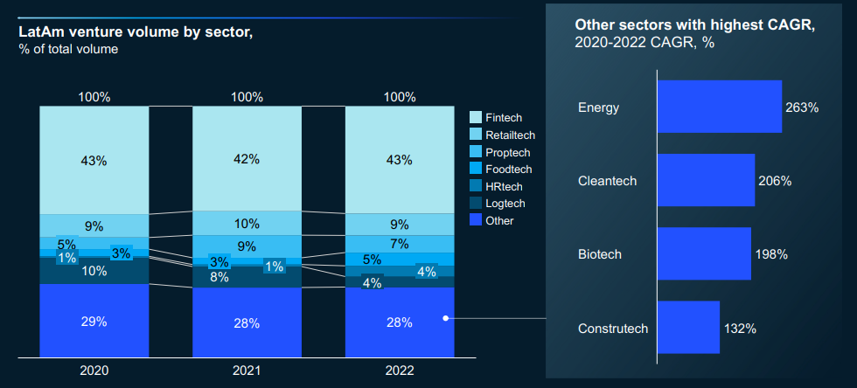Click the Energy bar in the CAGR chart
pyautogui.click(x=719, y=107)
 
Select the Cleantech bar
pyautogui.click(x=706, y=180)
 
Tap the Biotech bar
pyautogui.click(x=704, y=253)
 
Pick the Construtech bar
pyautogui.click(x=688, y=328)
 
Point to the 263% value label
pyautogui.click(x=802, y=107)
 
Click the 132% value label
pyautogui.click(x=740, y=329)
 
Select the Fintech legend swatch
pyautogui.click(x=476, y=117)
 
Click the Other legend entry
pyautogui.click(x=499, y=220)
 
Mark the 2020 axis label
pyautogui.click(x=94, y=371)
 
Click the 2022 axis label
pyautogui.click(x=400, y=371)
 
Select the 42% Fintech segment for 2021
pyautogui.click(x=247, y=158)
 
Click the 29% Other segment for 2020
pyautogui.click(x=94, y=321)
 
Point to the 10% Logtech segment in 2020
pyautogui.click(x=94, y=271)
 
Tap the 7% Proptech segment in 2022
pyautogui.click(x=400, y=244)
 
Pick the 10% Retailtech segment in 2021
pyautogui.click(x=247, y=223)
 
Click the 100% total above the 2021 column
pyautogui.click(x=247, y=97)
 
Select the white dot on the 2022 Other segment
pyautogui.click(x=446, y=318)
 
